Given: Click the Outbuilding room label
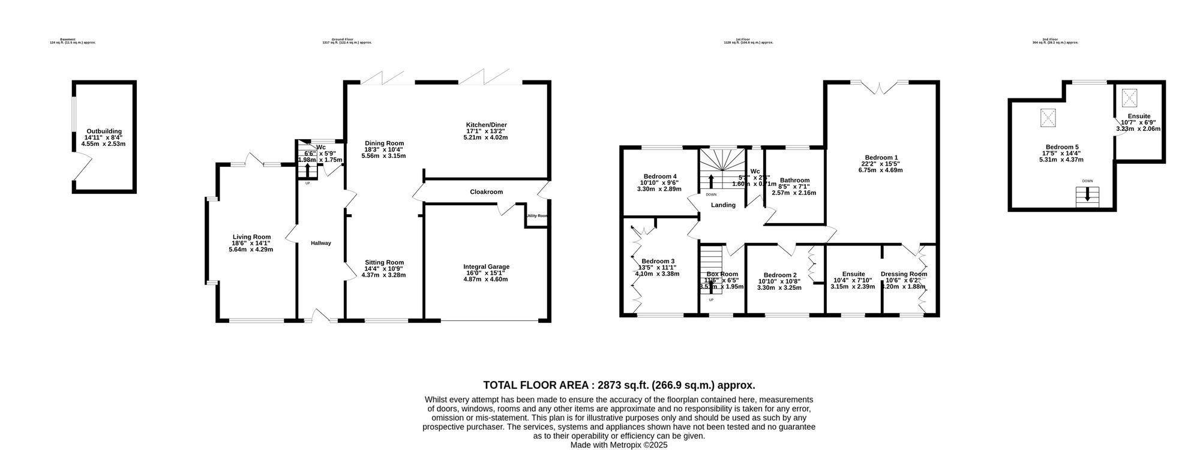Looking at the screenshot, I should (104, 131).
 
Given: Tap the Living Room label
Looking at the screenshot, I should (251, 236).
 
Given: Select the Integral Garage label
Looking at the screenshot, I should (486, 266).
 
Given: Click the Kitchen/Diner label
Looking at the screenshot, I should (486, 125).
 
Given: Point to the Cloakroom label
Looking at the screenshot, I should (486, 192).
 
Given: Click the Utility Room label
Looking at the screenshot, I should (537, 216).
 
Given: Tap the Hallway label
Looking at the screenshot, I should (321, 243).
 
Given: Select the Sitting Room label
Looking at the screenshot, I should (384, 262).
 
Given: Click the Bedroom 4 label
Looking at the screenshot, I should (660, 176).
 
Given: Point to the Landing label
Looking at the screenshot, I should (723, 205).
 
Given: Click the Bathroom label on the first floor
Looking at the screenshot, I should (794, 180).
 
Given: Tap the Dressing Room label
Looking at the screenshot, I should (904, 274).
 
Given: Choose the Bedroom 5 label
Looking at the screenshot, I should (1062, 147).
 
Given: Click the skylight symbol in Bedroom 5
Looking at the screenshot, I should (1048, 118).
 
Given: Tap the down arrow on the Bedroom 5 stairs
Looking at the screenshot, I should (1087, 196).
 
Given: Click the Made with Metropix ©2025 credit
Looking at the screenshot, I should (619, 445).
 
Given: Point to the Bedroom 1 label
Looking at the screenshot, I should (881, 157).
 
